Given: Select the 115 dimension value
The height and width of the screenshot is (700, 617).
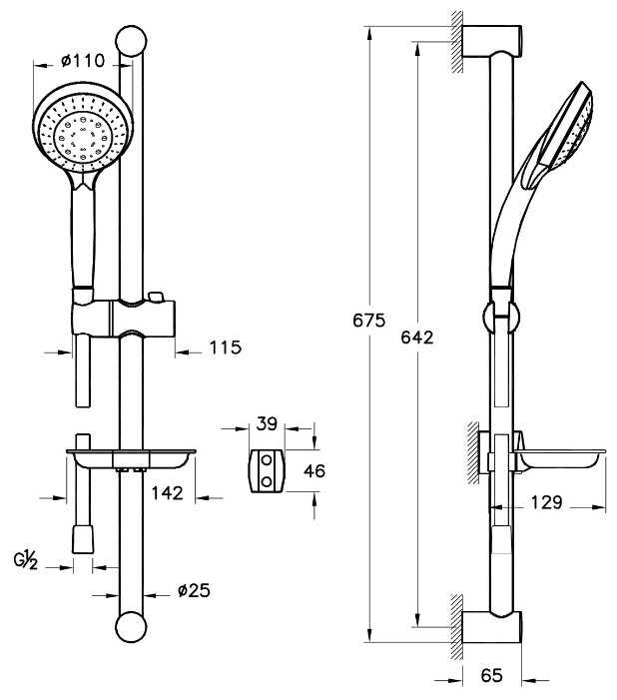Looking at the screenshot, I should [226, 348].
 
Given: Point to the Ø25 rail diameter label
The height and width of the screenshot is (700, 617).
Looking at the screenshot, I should [193, 590].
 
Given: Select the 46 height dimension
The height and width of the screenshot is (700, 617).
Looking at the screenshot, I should [313, 470].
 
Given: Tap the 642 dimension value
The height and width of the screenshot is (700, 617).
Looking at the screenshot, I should [417, 338].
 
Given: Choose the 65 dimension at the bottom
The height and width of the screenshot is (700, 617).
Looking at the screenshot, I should [490, 676].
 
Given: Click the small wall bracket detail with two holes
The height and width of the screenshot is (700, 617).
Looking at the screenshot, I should [268, 469].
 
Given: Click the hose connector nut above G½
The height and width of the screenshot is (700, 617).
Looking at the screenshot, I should [82, 539].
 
